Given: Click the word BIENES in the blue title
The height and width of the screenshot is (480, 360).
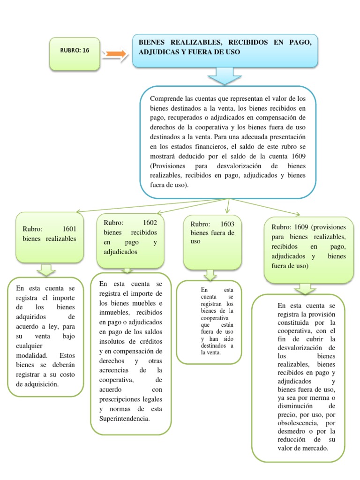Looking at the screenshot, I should click(x=155, y=42).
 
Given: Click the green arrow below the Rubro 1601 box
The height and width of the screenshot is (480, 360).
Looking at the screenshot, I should click(x=46, y=270).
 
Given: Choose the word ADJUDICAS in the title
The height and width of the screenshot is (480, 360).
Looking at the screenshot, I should click(x=160, y=52).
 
